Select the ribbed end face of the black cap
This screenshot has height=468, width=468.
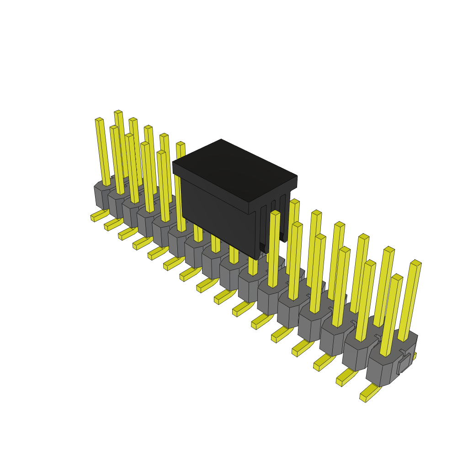coord(273,219)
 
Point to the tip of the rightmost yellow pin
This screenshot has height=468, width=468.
coord(416,263)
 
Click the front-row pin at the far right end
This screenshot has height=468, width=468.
coord(391,315)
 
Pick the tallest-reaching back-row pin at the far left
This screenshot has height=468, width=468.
coord(118,112)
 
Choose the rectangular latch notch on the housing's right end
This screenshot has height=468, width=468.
coord(404,363)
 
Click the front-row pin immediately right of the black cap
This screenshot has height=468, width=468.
coord(273,249)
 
